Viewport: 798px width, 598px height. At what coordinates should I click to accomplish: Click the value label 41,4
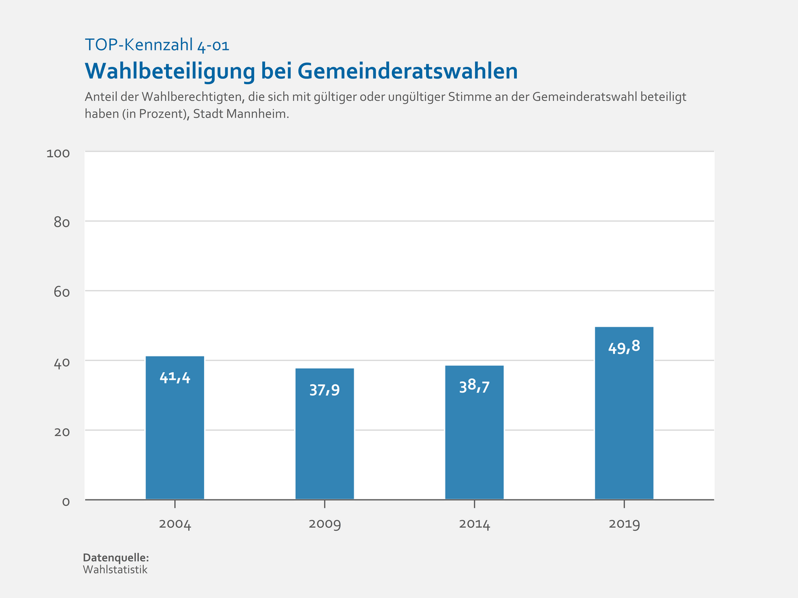click(x=175, y=378)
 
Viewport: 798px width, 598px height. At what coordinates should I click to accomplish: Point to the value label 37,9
click(x=324, y=390)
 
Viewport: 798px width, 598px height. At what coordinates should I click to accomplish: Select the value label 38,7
click(x=474, y=386)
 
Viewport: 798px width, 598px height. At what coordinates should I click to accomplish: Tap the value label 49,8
click(x=624, y=347)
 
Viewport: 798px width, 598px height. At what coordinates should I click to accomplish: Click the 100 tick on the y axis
click(x=58, y=153)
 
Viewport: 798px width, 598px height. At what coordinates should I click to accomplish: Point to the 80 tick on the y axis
click(x=61, y=223)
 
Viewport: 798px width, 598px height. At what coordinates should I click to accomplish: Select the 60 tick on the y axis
click(x=61, y=292)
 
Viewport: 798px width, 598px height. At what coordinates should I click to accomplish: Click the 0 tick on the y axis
click(x=66, y=502)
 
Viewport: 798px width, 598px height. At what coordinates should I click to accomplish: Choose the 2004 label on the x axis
click(x=175, y=524)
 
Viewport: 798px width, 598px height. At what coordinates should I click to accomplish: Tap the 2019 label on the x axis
click(x=624, y=524)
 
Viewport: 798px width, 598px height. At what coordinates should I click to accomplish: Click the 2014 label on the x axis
click(x=474, y=524)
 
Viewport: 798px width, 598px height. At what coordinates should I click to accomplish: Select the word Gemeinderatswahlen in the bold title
click(x=407, y=71)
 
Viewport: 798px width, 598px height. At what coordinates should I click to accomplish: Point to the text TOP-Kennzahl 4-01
click(x=157, y=45)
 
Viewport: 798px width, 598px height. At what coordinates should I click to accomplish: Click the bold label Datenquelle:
click(x=116, y=558)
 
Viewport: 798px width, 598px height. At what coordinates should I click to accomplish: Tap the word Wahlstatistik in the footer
click(x=115, y=570)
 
